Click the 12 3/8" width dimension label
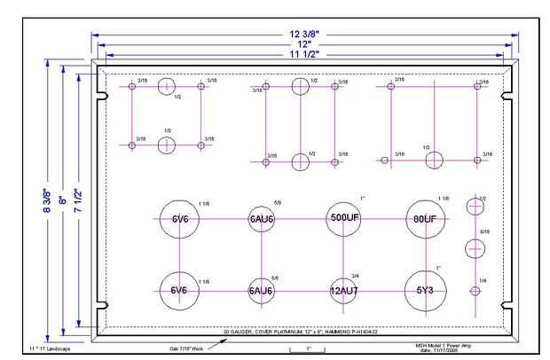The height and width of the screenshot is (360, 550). point(303,33)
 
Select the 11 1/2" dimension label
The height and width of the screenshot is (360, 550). point(303,54)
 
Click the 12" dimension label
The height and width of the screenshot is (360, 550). point(303,43)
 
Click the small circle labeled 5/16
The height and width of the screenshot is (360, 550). point(475,249)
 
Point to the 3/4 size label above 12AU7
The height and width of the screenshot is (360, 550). point(355,278)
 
